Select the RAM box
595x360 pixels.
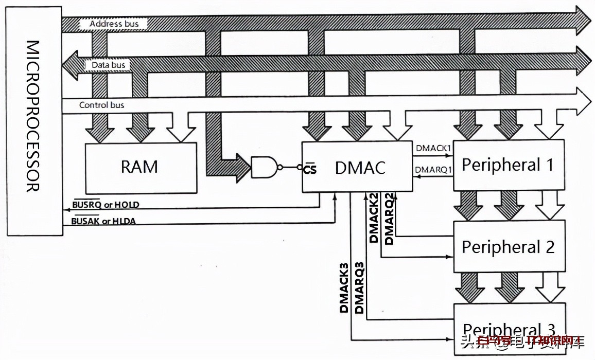click(x=140, y=168)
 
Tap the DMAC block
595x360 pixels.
click(x=357, y=167)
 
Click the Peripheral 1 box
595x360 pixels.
click(x=508, y=165)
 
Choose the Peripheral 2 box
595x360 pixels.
click(x=508, y=247)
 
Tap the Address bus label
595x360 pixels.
click(x=113, y=24)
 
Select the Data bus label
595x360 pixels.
click(x=108, y=65)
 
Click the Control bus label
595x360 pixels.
click(x=101, y=105)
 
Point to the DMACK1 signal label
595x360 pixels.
click(x=433, y=148)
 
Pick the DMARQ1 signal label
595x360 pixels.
click(x=433, y=169)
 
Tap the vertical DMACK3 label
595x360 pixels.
click(x=344, y=288)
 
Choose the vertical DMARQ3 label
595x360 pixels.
click(x=359, y=288)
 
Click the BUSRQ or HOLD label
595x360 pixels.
click(x=106, y=205)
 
